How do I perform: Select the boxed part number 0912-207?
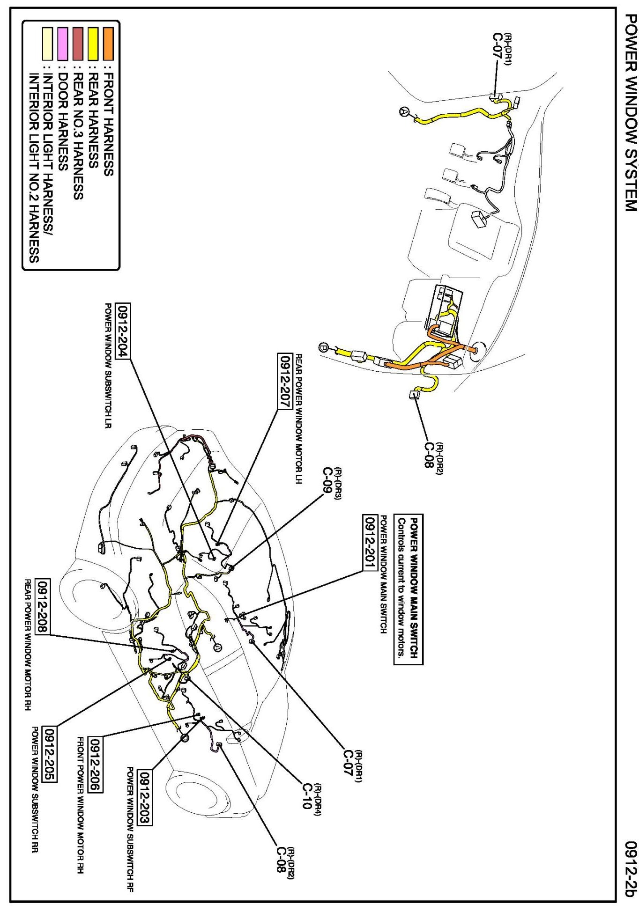[285, 381]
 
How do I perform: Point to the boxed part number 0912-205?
[49, 754]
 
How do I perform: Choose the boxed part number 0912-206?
[96, 765]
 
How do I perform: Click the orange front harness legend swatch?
[108, 44]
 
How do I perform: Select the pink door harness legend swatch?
[62, 44]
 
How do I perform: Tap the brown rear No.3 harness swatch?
[78, 44]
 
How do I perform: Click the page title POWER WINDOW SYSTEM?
[631, 113]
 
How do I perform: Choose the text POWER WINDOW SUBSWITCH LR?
[108, 366]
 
